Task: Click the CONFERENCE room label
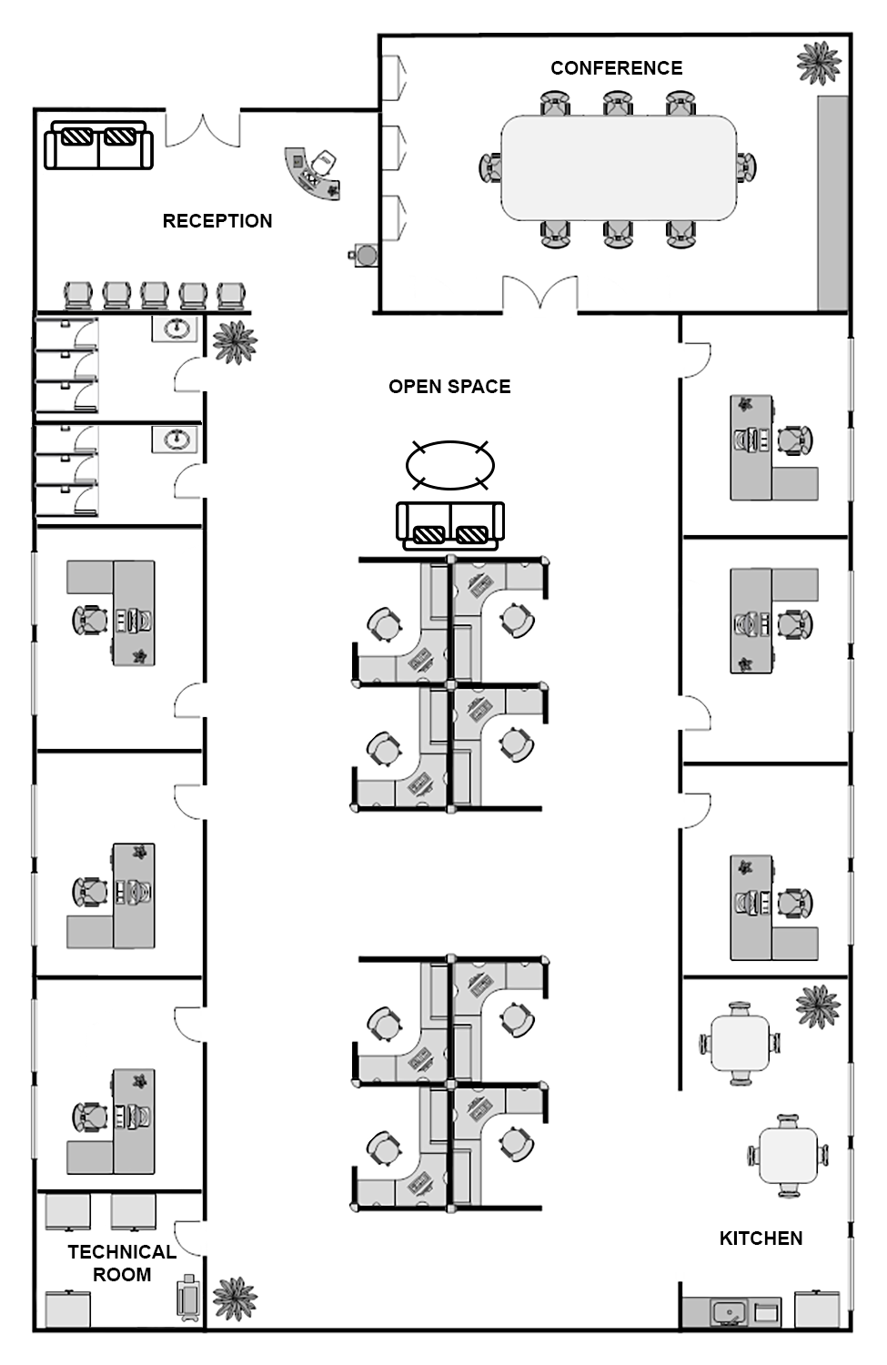(x=617, y=68)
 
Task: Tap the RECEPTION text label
(x=217, y=221)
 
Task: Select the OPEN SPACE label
(x=449, y=387)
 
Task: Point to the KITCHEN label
(x=761, y=1239)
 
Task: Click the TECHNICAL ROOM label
(x=122, y=1263)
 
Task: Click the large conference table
(x=619, y=167)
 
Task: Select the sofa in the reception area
(x=98, y=145)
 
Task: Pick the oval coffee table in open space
(x=450, y=466)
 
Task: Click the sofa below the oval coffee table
(x=450, y=525)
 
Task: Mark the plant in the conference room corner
(x=820, y=62)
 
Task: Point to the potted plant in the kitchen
(x=818, y=1007)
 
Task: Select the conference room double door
(x=539, y=294)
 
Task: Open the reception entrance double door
(x=203, y=129)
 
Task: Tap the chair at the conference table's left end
(x=490, y=167)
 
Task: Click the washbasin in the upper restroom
(x=175, y=329)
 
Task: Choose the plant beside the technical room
(x=235, y=1299)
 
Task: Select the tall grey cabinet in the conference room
(x=832, y=203)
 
